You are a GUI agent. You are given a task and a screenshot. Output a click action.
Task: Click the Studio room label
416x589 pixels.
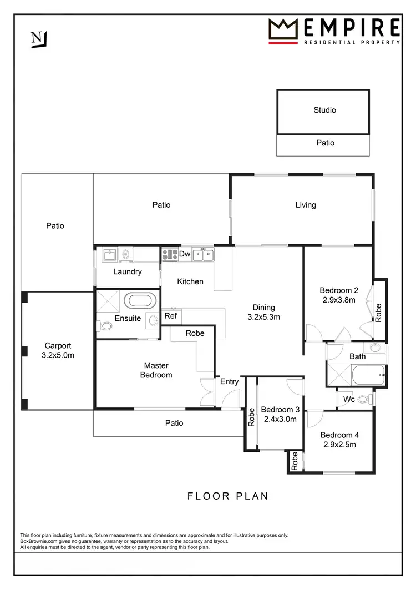[324, 110]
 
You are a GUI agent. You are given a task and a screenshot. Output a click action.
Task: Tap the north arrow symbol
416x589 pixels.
[39, 39]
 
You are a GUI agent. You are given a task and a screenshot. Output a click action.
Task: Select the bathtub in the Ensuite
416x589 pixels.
[139, 301]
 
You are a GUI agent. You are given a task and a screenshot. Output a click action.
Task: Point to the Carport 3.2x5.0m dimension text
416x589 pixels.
[58, 355]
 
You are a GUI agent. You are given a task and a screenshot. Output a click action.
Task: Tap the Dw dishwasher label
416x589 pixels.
[185, 254]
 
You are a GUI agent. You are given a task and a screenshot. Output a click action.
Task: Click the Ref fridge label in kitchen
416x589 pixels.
[171, 316]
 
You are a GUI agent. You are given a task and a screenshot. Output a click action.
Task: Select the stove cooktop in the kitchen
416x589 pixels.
[170, 254]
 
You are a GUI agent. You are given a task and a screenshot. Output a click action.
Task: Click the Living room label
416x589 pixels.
[305, 205]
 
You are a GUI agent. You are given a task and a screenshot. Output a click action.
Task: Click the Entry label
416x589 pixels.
[229, 381]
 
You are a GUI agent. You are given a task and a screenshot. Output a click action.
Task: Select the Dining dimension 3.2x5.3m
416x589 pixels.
[263, 317]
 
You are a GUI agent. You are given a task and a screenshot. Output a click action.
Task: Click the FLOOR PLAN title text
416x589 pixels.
[227, 496]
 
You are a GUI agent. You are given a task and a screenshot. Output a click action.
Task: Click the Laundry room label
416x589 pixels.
[128, 271]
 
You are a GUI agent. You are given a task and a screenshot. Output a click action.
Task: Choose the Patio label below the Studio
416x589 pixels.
[325, 143]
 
